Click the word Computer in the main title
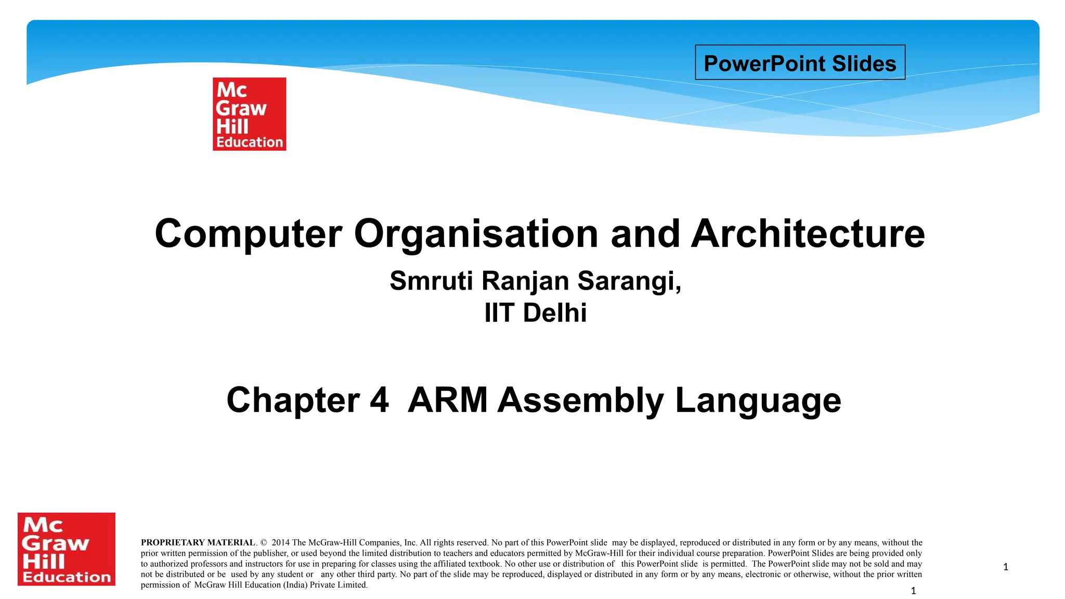(249, 234)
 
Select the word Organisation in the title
(476, 234)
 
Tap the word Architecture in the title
(808, 234)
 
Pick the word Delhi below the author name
(554, 313)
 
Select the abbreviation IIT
(499, 313)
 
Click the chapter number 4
(379, 400)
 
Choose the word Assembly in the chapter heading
(580, 400)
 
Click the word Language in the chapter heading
(758, 400)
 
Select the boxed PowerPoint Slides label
(800, 63)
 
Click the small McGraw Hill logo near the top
(249, 114)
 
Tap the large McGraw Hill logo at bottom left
(67, 549)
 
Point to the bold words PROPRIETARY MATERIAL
(198, 543)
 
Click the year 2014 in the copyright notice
(281, 543)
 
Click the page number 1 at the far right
(1006, 567)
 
